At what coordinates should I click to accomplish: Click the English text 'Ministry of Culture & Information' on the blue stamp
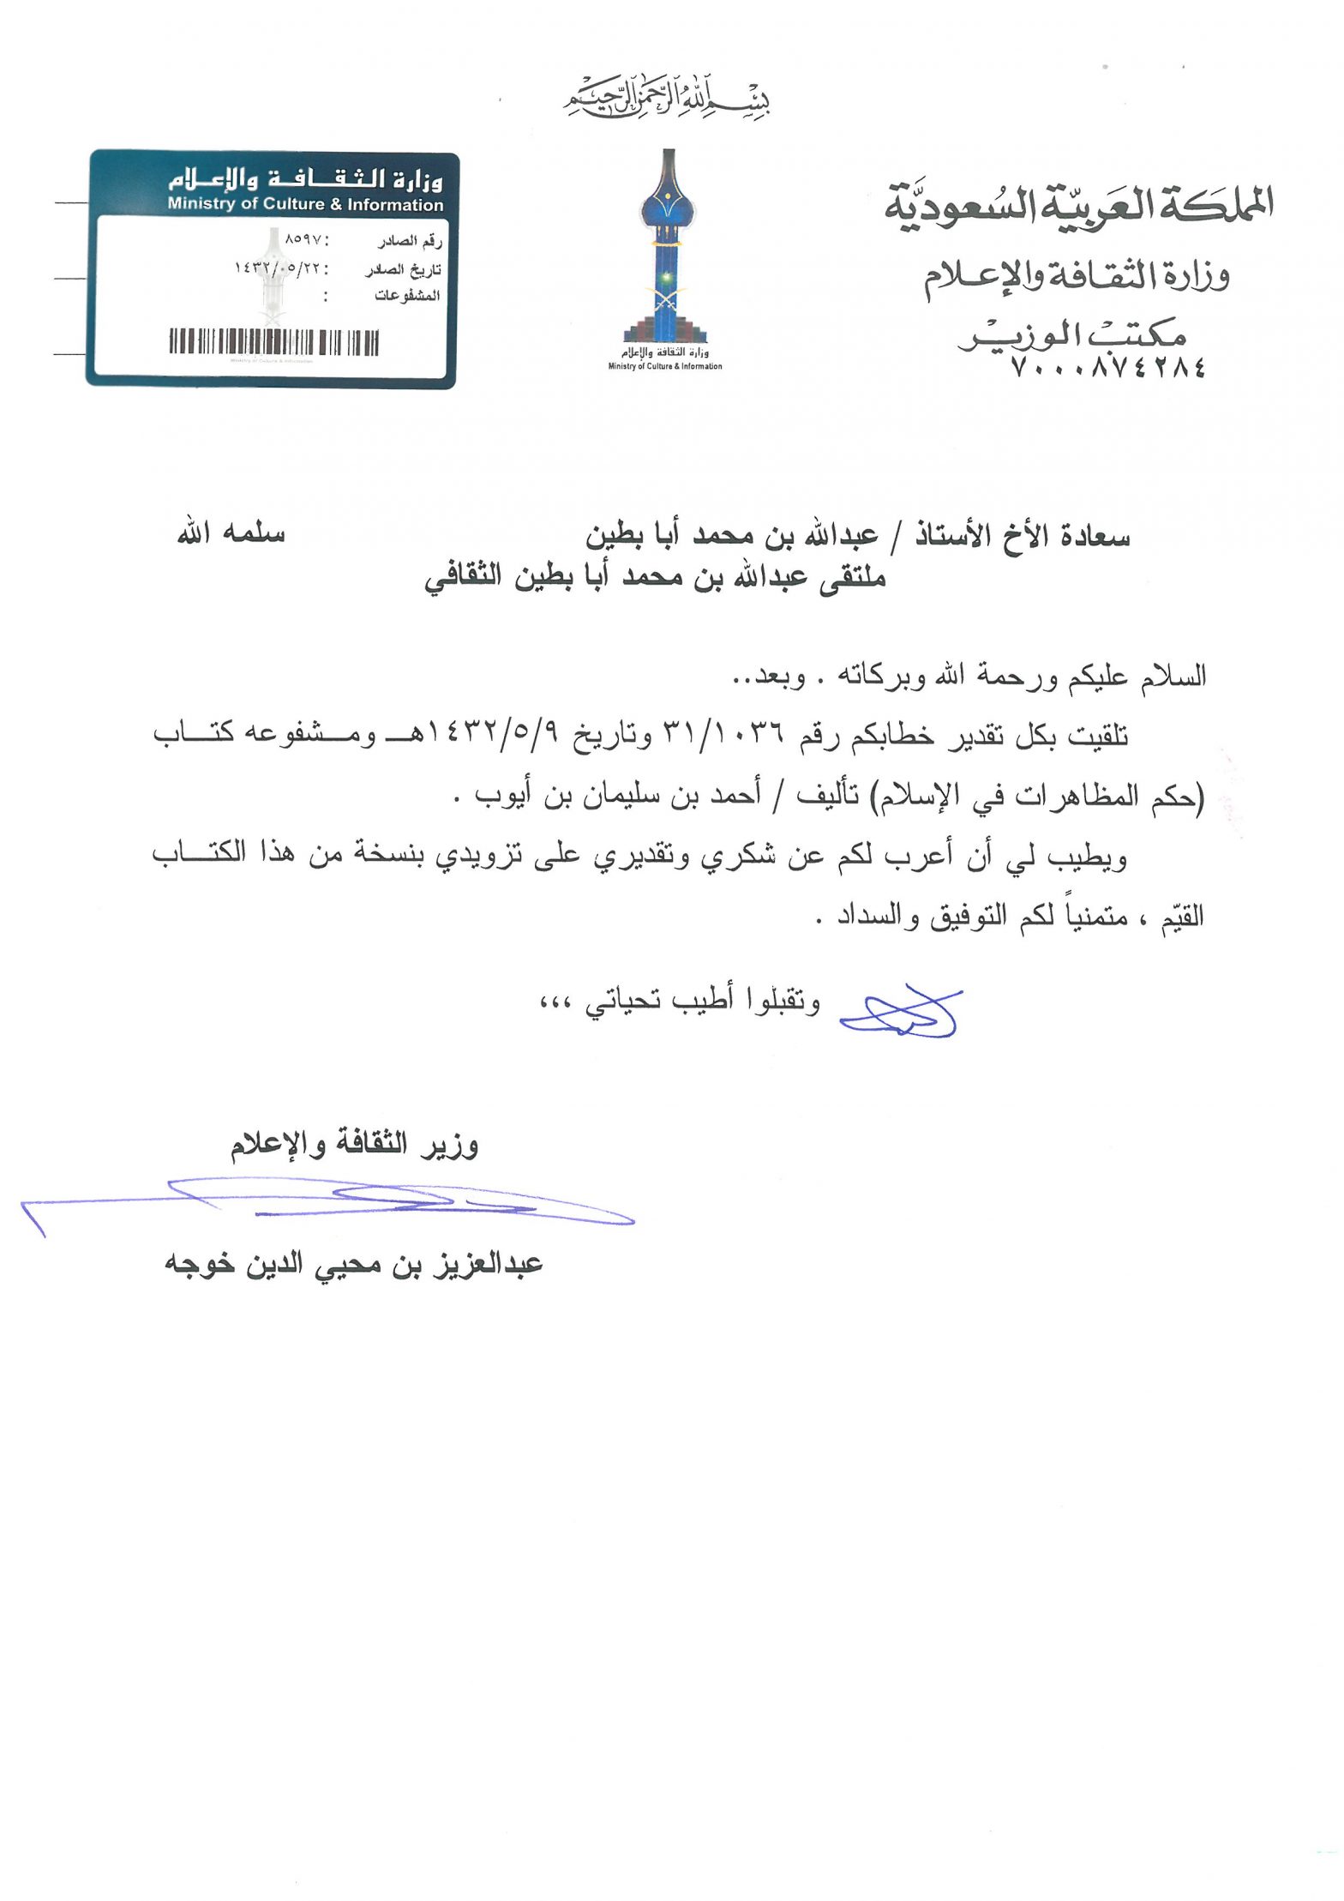pos(305,204)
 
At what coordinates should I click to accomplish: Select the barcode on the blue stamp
pos(273,342)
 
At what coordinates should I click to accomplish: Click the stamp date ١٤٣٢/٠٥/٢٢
pos(278,268)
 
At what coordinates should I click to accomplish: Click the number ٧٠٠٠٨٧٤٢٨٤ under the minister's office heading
pos(1108,368)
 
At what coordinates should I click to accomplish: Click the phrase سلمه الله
pos(231,532)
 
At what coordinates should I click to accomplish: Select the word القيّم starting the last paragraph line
pos(1181,918)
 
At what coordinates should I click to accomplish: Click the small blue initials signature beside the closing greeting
pos(900,1014)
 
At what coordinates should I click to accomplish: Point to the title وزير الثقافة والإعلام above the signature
pos(354,1145)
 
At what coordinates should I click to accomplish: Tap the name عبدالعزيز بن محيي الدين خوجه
pos(353,1264)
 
